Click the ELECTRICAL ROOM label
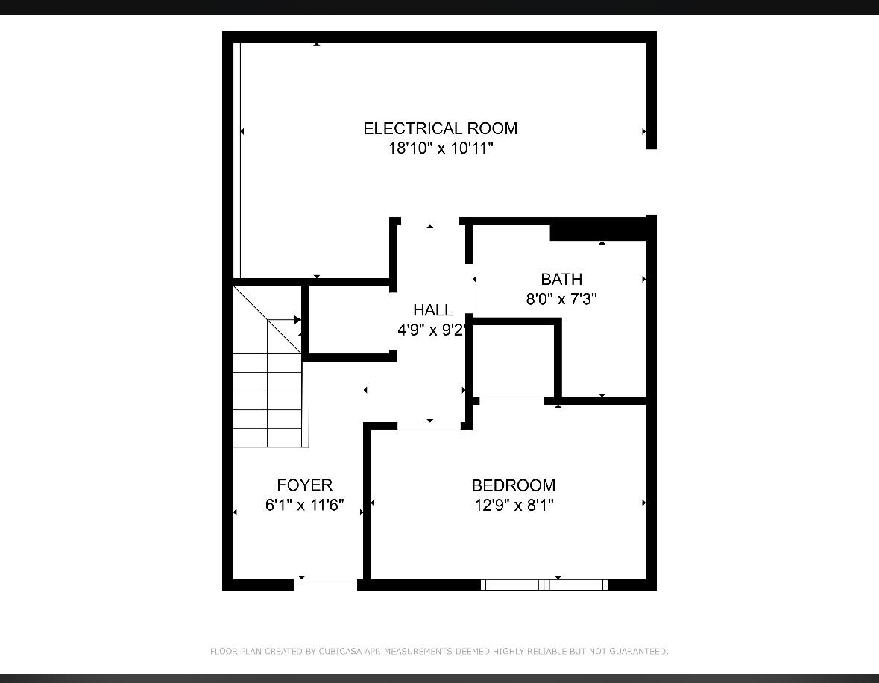[x=440, y=128]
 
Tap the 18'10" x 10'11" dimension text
[x=441, y=148]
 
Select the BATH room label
[x=561, y=280]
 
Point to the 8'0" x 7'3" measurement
[x=561, y=299]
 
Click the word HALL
[x=432, y=310]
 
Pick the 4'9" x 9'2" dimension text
[x=432, y=330]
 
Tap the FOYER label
[x=304, y=485]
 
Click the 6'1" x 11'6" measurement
[x=304, y=506]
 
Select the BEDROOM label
[x=514, y=485]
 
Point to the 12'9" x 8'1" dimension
[x=514, y=506]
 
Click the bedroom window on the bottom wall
[x=544, y=585]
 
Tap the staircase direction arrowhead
[x=297, y=320]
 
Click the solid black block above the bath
[x=598, y=230]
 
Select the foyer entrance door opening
[x=326, y=585]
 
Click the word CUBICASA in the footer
[x=340, y=652]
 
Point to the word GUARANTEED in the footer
[x=639, y=652]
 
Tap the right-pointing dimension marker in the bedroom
[x=643, y=503]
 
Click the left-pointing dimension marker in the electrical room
[x=242, y=132]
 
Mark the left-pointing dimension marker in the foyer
[x=235, y=512]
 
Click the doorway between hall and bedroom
[x=429, y=427]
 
